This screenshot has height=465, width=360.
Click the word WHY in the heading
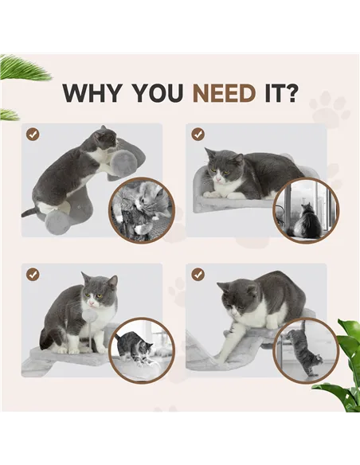point(94,93)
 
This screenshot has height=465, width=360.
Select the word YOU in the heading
point(159,93)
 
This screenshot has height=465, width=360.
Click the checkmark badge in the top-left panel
point(33,135)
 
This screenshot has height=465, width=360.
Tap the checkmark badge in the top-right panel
point(198,135)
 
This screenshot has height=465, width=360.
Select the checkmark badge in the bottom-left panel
point(33,274)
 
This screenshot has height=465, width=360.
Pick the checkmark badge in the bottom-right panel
point(198,274)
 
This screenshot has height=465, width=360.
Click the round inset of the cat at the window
point(306,211)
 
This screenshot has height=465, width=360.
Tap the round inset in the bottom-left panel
point(141,350)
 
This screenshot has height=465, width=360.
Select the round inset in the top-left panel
point(141,209)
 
